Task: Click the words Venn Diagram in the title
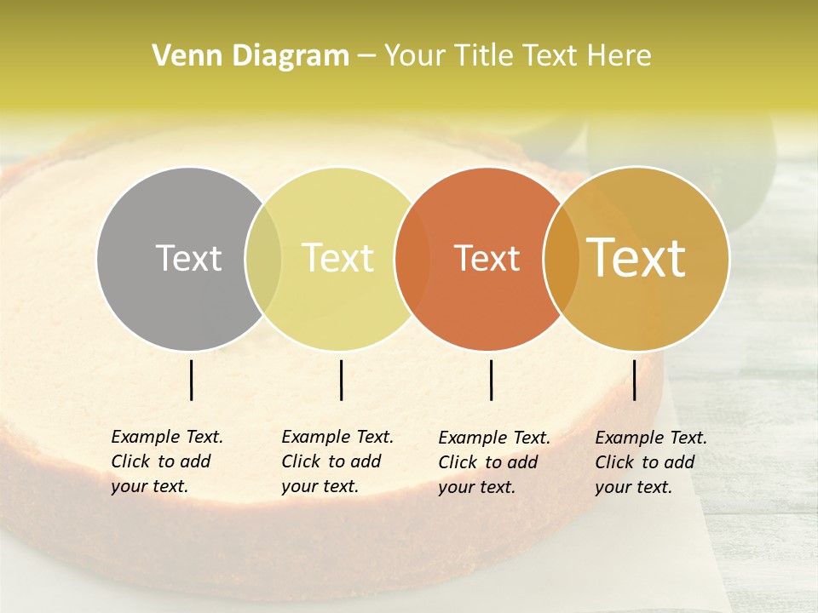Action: click(x=251, y=56)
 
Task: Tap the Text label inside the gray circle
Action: click(x=188, y=258)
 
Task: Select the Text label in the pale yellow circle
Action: click(x=337, y=258)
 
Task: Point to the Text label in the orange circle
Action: click(x=487, y=258)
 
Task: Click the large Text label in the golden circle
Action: click(x=637, y=258)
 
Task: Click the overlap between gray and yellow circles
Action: click(x=263, y=259)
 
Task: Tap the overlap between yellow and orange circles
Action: click(x=412, y=259)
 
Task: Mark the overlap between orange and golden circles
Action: click(x=561, y=259)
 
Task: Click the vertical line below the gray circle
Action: click(x=191, y=380)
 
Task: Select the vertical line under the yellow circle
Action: click(x=341, y=380)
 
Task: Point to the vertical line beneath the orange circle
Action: click(x=491, y=380)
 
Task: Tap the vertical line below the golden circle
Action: click(x=635, y=380)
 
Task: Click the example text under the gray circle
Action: click(x=167, y=461)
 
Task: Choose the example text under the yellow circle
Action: click(x=337, y=461)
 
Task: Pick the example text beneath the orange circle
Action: click(x=494, y=462)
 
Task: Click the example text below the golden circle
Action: click(x=651, y=462)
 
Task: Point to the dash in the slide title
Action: click(x=366, y=57)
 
